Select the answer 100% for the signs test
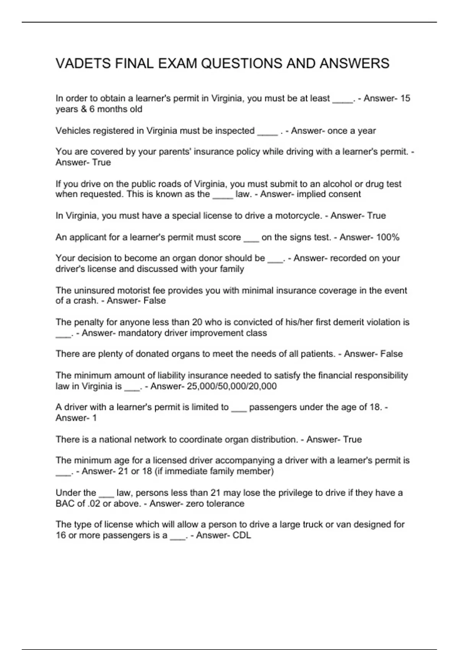click(387, 237)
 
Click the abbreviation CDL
click(242, 535)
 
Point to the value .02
click(94, 504)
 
